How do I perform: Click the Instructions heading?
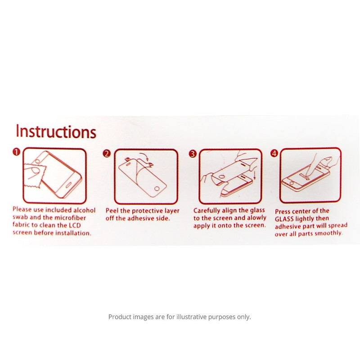[56, 131]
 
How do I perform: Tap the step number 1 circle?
[16, 152]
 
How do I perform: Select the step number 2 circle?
[107, 153]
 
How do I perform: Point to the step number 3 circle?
[193, 154]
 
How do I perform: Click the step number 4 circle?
[274, 153]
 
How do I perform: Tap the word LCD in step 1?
[75, 225]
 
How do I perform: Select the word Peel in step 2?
[112, 211]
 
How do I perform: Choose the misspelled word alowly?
[256, 218]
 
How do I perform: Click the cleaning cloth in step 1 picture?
[35, 175]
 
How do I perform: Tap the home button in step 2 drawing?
[157, 189]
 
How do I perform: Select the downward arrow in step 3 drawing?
[255, 175]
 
